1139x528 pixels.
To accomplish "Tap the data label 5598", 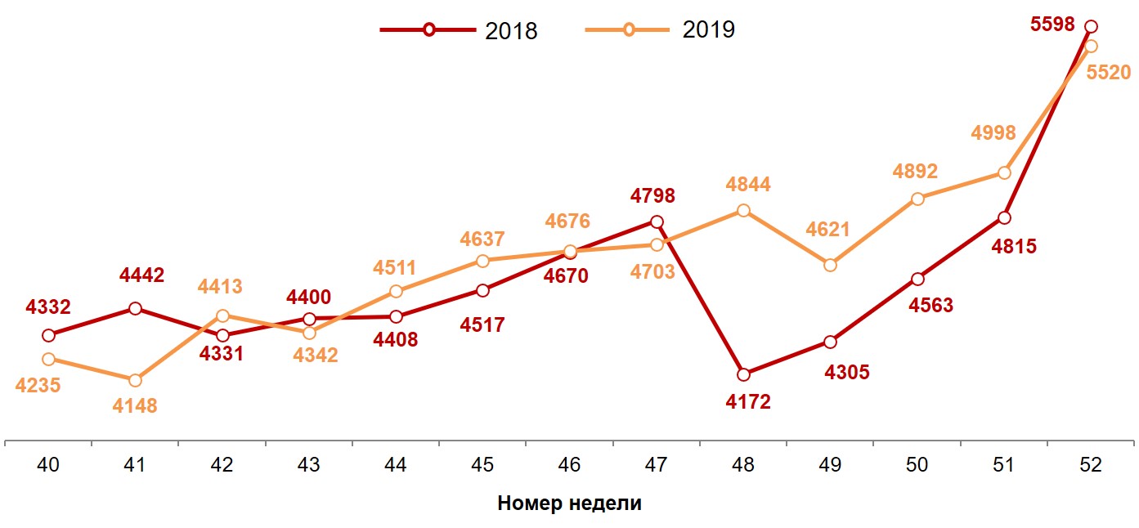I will (1052, 25).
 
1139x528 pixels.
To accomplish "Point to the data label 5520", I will (1108, 73).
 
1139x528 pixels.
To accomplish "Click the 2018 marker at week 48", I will (743, 374).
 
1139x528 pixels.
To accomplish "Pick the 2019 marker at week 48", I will (743, 210).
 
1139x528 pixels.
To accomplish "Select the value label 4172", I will (748, 402).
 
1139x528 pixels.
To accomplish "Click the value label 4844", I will (748, 185).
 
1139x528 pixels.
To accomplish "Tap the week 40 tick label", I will (48, 465).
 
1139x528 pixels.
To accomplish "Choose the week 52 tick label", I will (1090, 465).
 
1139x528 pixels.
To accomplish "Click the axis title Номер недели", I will (569, 503).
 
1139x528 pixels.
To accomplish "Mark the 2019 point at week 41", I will (135, 380).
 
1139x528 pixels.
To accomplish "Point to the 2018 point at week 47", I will (657, 221).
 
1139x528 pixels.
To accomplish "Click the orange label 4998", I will (993, 133).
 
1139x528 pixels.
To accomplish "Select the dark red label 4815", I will (1014, 246).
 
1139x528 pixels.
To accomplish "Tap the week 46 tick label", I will (569, 465).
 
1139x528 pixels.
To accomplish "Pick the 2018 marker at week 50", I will (917, 279).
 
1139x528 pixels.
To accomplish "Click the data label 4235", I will (38, 385).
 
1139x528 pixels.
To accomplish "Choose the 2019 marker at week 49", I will (831, 265).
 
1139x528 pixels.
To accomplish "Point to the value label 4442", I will (141, 275).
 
